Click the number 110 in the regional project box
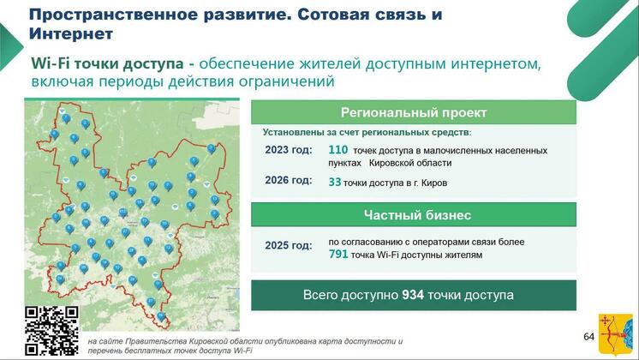click(x=337, y=150)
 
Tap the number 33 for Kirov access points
click(x=335, y=182)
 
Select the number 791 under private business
click(x=338, y=255)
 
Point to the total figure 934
click(x=413, y=295)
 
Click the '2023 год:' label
click(x=289, y=150)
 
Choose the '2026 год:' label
click(x=289, y=180)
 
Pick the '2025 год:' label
click(x=289, y=245)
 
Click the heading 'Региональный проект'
click(x=414, y=112)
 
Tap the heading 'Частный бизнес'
click(x=417, y=215)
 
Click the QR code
click(x=51, y=331)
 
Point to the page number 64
click(x=588, y=337)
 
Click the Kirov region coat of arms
click(x=615, y=335)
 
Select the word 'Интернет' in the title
click(x=71, y=33)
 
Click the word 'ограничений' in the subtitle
click(x=286, y=81)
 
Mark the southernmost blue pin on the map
click(x=161, y=316)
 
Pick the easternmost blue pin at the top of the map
click(x=211, y=149)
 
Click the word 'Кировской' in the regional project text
click(x=410, y=163)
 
